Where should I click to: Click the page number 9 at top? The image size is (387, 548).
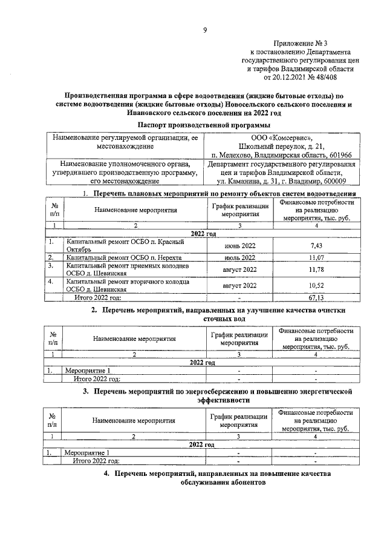click(x=205, y=31)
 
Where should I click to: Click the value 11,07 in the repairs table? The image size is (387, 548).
click(x=317, y=257)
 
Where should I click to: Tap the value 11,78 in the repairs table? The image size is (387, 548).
click(x=317, y=269)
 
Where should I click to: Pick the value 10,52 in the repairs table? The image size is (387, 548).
click(x=317, y=285)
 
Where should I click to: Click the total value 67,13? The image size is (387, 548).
click(x=317, y=297)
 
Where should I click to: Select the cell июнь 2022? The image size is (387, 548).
click(x=239, y=245)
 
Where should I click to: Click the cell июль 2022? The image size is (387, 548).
click(x=239, y=257)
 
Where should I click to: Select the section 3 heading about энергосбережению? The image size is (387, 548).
click(x=218, y=397)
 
